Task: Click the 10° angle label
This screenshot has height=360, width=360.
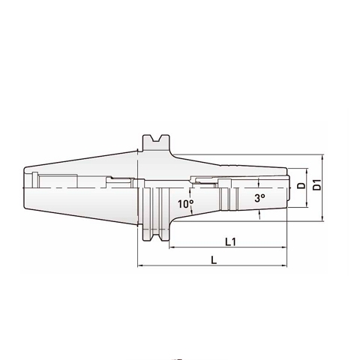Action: [185, 204]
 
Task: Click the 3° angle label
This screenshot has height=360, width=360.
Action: [259, 198]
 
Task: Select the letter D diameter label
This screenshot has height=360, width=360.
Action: [301, 185]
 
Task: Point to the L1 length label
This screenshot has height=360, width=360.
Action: [231, 241]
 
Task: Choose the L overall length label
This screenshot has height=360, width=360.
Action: [214, 259]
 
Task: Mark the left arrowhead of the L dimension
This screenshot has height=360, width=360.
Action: [140, 265]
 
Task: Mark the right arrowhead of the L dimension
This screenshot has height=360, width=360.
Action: [286, 265]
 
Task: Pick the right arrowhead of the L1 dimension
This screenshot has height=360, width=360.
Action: [286, 248]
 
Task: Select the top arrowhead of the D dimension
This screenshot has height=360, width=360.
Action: [308, 168]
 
